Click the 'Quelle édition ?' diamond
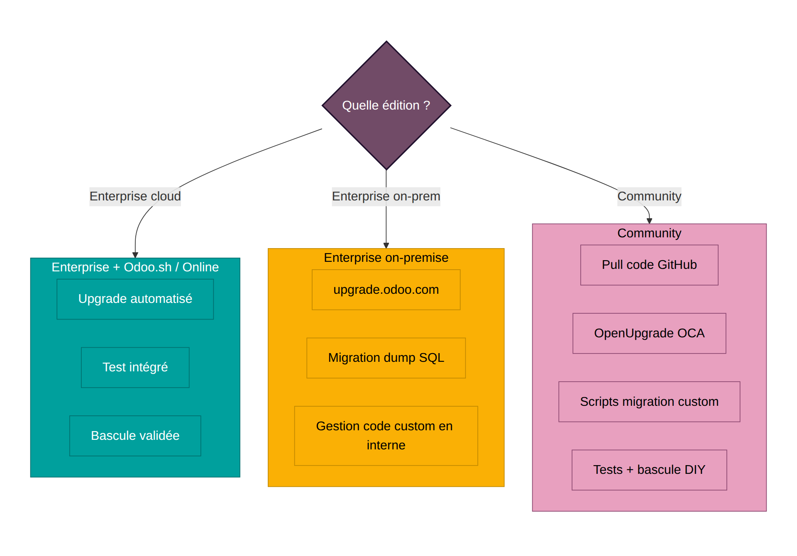click(386, 105)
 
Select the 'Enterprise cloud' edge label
click(135, 196)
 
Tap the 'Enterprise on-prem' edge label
click(386, 196)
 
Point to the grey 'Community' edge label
click(649, 196)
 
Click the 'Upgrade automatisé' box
click(135, 299)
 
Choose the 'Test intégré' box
click(135, 368)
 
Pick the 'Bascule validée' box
click(135, 436)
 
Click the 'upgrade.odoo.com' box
click(386, 290)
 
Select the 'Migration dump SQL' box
click(386, 358)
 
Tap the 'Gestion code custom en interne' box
click(386, 436)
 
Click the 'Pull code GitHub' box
click(649, 265)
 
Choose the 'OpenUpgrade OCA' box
click(649, 333)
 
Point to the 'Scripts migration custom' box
click(649, 402)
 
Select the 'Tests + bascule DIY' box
click(649, 470)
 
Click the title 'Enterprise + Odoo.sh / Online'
click(135, 267)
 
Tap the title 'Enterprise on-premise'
click(386, 258)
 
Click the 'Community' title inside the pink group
click(649, 233)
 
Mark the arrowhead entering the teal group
click(135, 255)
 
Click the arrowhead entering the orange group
click(386, 245)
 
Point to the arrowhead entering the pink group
click(649, 221)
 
